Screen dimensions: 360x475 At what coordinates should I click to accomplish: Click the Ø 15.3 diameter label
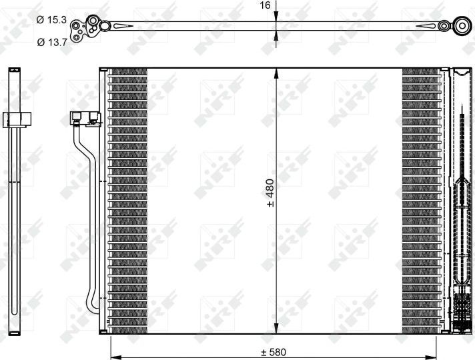click(x=51, y=20)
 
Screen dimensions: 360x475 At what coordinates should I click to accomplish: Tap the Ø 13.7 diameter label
click(x=51, y=42)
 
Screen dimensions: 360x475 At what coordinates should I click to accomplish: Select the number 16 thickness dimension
click(x=265, y=5)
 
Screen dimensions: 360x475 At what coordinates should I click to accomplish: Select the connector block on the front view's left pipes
click(x=85, y=119)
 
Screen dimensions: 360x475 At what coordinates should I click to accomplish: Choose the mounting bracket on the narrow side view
click(x=18, y=120)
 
